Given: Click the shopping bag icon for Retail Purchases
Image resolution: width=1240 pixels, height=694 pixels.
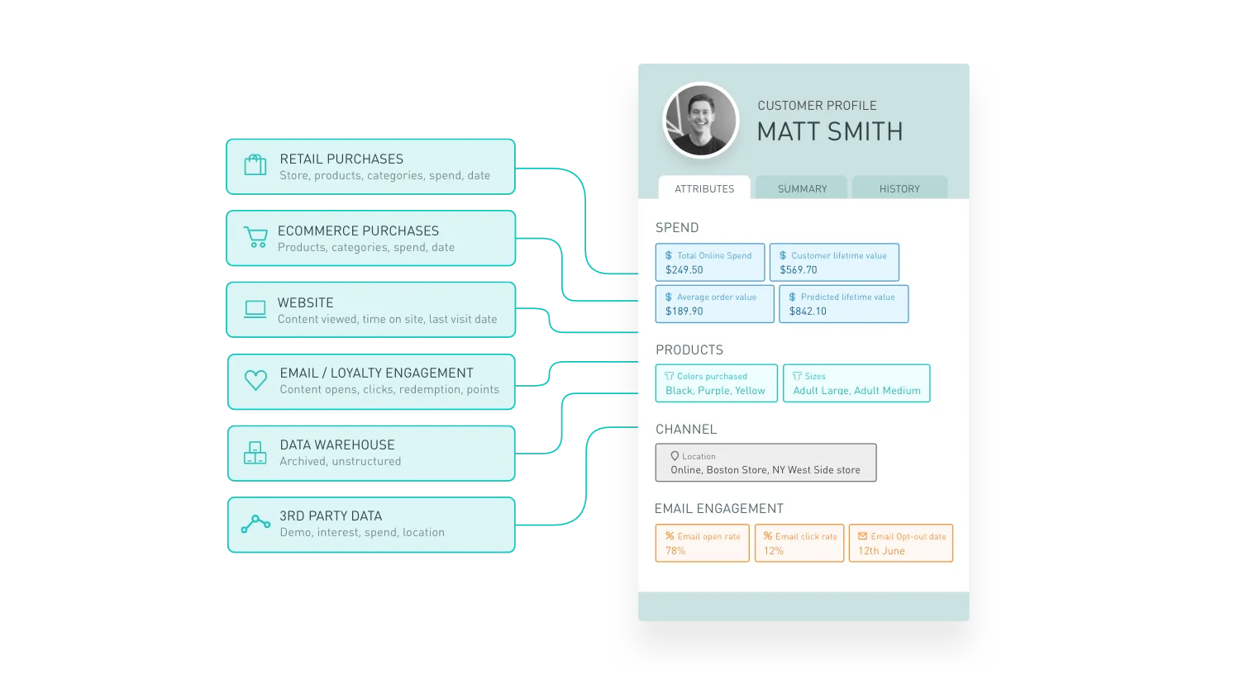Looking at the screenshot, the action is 255,165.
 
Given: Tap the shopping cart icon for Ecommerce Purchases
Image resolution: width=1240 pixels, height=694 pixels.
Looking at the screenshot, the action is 255,237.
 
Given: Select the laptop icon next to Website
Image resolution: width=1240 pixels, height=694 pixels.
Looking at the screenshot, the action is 255,310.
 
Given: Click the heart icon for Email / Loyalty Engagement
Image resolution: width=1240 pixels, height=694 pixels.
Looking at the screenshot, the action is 255,380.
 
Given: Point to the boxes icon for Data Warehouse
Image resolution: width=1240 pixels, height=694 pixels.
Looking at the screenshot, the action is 255,453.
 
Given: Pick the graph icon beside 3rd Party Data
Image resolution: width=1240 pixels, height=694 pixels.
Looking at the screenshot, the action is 255,524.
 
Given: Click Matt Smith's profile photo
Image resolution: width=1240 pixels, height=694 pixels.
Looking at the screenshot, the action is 701,120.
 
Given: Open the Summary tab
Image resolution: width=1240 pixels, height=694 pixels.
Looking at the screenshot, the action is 802,188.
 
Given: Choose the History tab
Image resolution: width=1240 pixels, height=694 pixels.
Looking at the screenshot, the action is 899,188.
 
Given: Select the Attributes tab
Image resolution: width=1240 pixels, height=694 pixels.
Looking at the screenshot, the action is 704,188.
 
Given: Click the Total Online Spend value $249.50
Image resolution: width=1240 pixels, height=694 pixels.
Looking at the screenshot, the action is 684,270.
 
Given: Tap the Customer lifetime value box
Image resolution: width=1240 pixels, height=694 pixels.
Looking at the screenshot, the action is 834,262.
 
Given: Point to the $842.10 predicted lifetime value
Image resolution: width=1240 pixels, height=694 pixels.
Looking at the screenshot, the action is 808,311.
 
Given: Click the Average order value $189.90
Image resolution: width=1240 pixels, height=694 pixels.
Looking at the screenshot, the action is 684,311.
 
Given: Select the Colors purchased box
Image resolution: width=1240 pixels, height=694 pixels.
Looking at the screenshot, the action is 716,383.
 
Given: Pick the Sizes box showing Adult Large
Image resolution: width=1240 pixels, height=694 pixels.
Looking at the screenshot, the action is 856,383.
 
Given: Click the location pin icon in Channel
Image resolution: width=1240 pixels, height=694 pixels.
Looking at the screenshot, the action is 675,456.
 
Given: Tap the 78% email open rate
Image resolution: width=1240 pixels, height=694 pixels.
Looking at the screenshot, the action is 675,551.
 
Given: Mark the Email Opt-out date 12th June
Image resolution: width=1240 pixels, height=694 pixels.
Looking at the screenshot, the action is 881,551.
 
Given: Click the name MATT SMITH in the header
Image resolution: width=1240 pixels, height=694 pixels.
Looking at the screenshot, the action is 830,131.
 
